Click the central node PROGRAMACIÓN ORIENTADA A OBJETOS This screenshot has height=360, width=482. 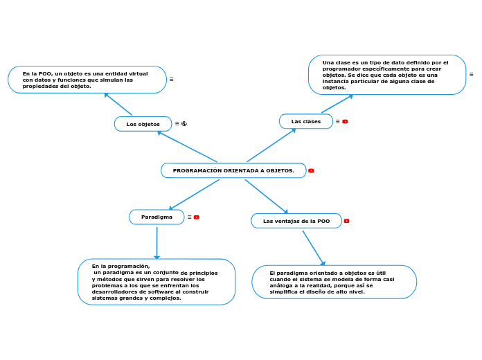click(233, 170)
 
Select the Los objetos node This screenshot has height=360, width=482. click(143, 124)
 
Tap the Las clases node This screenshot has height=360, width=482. click(306, 121)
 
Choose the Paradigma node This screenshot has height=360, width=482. click(157, 217)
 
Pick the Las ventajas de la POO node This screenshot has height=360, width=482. click(296, 221)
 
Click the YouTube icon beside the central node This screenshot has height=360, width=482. click(311, 170)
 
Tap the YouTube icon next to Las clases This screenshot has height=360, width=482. click(345, 121)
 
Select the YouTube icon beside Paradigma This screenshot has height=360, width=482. click(197, 217)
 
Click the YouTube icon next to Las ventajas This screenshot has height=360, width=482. click(346, 221)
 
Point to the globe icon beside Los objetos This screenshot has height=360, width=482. click(184, 124)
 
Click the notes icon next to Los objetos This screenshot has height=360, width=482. click(177, 124)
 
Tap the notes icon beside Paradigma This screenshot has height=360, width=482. click(189, 217)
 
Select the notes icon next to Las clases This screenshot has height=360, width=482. click(337, 121)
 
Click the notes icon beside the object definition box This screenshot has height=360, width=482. click(172, 80)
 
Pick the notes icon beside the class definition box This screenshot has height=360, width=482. click(471, 74)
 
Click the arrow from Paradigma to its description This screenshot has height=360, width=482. click(157, 243)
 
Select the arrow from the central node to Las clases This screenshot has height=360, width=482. click(271, 145)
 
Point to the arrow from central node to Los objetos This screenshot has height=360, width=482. click(187, 146)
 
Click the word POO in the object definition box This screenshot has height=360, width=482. click(46, 74)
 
